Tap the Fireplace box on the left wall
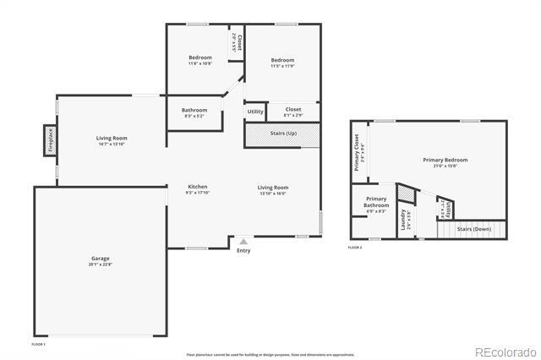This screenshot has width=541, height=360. tap(50, 140)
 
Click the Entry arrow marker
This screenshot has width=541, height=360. tap(243, 242)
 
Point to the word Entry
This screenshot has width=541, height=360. tap(243, 250)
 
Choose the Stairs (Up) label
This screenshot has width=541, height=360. tap(283, 134)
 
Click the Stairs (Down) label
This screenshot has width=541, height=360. tap(473, 228)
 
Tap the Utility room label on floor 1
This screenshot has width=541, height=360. tap(254, 112)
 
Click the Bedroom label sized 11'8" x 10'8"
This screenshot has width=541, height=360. tap(199, 60)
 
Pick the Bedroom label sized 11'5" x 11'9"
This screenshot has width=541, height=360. tap(282, 63)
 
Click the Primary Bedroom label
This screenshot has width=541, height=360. tap(445, 162)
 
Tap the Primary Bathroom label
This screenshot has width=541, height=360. tap(376, 205)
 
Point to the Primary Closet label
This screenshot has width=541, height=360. tap(357, 151)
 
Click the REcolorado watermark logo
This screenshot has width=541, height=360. tap(505, 351)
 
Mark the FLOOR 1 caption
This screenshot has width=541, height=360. tap(39, 344)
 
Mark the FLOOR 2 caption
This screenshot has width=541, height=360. tap(355, 248)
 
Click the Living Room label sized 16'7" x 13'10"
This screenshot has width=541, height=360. tap(111, 140)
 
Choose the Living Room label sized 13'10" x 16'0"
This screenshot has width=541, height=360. tap(272, 189)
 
